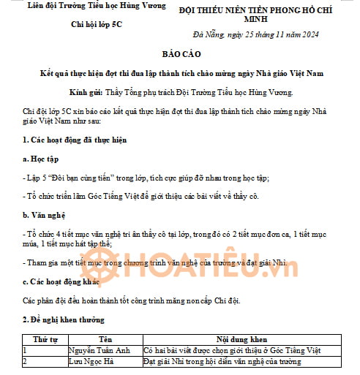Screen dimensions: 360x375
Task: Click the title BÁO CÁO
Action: [x=180, y=55]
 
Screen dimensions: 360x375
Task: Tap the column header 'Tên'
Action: [x=105, y=340]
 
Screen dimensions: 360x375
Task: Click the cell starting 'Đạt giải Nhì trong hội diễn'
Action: [x=222, y=361]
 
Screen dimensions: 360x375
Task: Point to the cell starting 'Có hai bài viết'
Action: [x=222, y=350]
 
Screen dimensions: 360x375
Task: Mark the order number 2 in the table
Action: [x=26, y=361]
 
